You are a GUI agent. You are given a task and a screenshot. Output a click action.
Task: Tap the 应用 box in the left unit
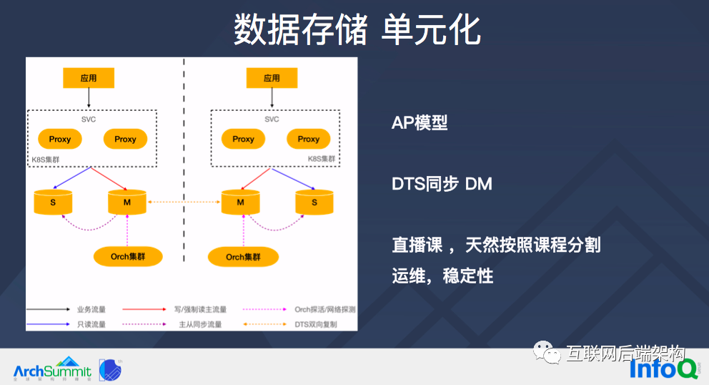(89, 78)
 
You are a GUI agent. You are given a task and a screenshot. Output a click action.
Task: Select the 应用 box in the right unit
(272, 78)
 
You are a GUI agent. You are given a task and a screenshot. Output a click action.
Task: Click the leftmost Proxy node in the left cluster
(60, 139)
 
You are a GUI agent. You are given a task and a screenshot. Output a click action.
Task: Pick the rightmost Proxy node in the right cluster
(308, 139)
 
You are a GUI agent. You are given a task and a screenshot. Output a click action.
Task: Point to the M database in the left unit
(127, 202)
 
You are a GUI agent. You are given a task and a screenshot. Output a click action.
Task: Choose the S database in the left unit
(53, 202)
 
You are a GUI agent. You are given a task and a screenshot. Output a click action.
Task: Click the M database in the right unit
(240, 202)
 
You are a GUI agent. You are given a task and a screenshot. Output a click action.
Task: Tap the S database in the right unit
(314, 202)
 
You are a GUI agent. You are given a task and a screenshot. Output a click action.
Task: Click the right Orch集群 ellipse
(243, 256)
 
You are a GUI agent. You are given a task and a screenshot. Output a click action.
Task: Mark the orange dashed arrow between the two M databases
(184, 203)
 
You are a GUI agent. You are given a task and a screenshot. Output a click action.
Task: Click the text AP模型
(420, 122)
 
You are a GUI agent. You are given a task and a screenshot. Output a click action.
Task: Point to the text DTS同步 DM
(442, 184)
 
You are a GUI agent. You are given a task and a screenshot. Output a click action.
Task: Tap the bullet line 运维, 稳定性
(442, 276)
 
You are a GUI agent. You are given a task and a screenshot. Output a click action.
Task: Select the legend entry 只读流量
(91, 324)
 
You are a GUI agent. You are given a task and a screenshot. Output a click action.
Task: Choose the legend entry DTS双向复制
(315, 324)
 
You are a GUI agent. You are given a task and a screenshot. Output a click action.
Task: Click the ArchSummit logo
(53, 370)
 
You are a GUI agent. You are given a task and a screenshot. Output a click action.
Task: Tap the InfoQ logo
(663, 368)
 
